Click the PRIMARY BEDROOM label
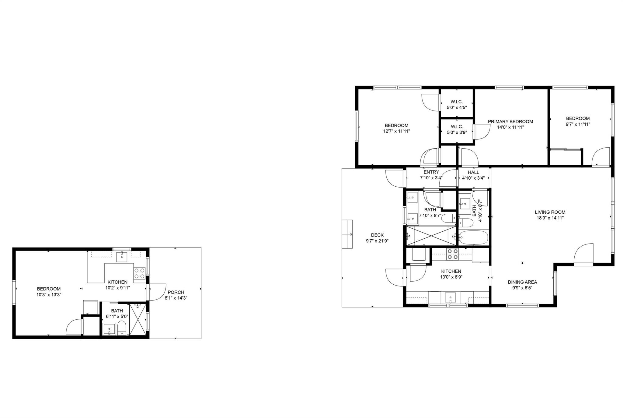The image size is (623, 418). pos(510,121)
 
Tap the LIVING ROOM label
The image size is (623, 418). pos(550,212)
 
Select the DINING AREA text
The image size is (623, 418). pos(522,282)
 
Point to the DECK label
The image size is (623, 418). pos(377,235)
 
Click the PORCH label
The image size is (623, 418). pos(176,292)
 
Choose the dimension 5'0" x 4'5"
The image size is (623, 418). pos(457,107)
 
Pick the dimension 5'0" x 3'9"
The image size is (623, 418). pos(457,132)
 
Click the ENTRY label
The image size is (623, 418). pos(431,172)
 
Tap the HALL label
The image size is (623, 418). pos(473,172)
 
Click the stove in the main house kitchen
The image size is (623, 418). pos(452,254)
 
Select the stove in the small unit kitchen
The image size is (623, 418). pos(140,273)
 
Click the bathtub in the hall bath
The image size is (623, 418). pos(474,237)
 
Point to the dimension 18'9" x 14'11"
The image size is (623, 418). pos(550,218)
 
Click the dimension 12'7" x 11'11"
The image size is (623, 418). pos(396,131)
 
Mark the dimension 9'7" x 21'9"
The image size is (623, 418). pos(377,241)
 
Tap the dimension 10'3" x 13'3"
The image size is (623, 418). pos(49,295)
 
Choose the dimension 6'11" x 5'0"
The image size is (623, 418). pos(117,317)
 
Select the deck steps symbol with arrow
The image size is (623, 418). pos(347,234)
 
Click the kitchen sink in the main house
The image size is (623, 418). pos(450,297)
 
